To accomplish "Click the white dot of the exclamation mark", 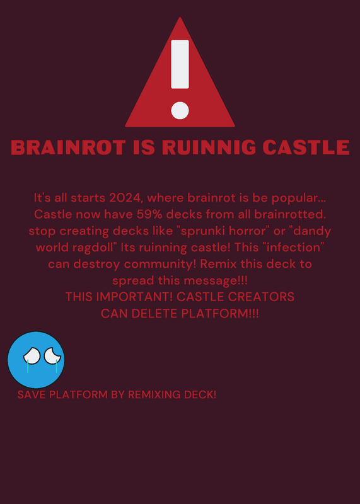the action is tap(180, 110).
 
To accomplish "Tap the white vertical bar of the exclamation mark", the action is tap(180, 64).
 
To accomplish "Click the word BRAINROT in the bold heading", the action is tap(68, 147).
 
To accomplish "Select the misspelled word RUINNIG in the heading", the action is tap(209, 147).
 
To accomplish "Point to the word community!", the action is tap(160, 264).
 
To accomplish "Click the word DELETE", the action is tap(154, 313).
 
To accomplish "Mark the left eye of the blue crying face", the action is tap(32, 356).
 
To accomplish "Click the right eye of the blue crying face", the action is tap(52, 356).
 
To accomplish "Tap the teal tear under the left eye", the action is tap(28, 366).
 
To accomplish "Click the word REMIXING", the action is tap(152, 395).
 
